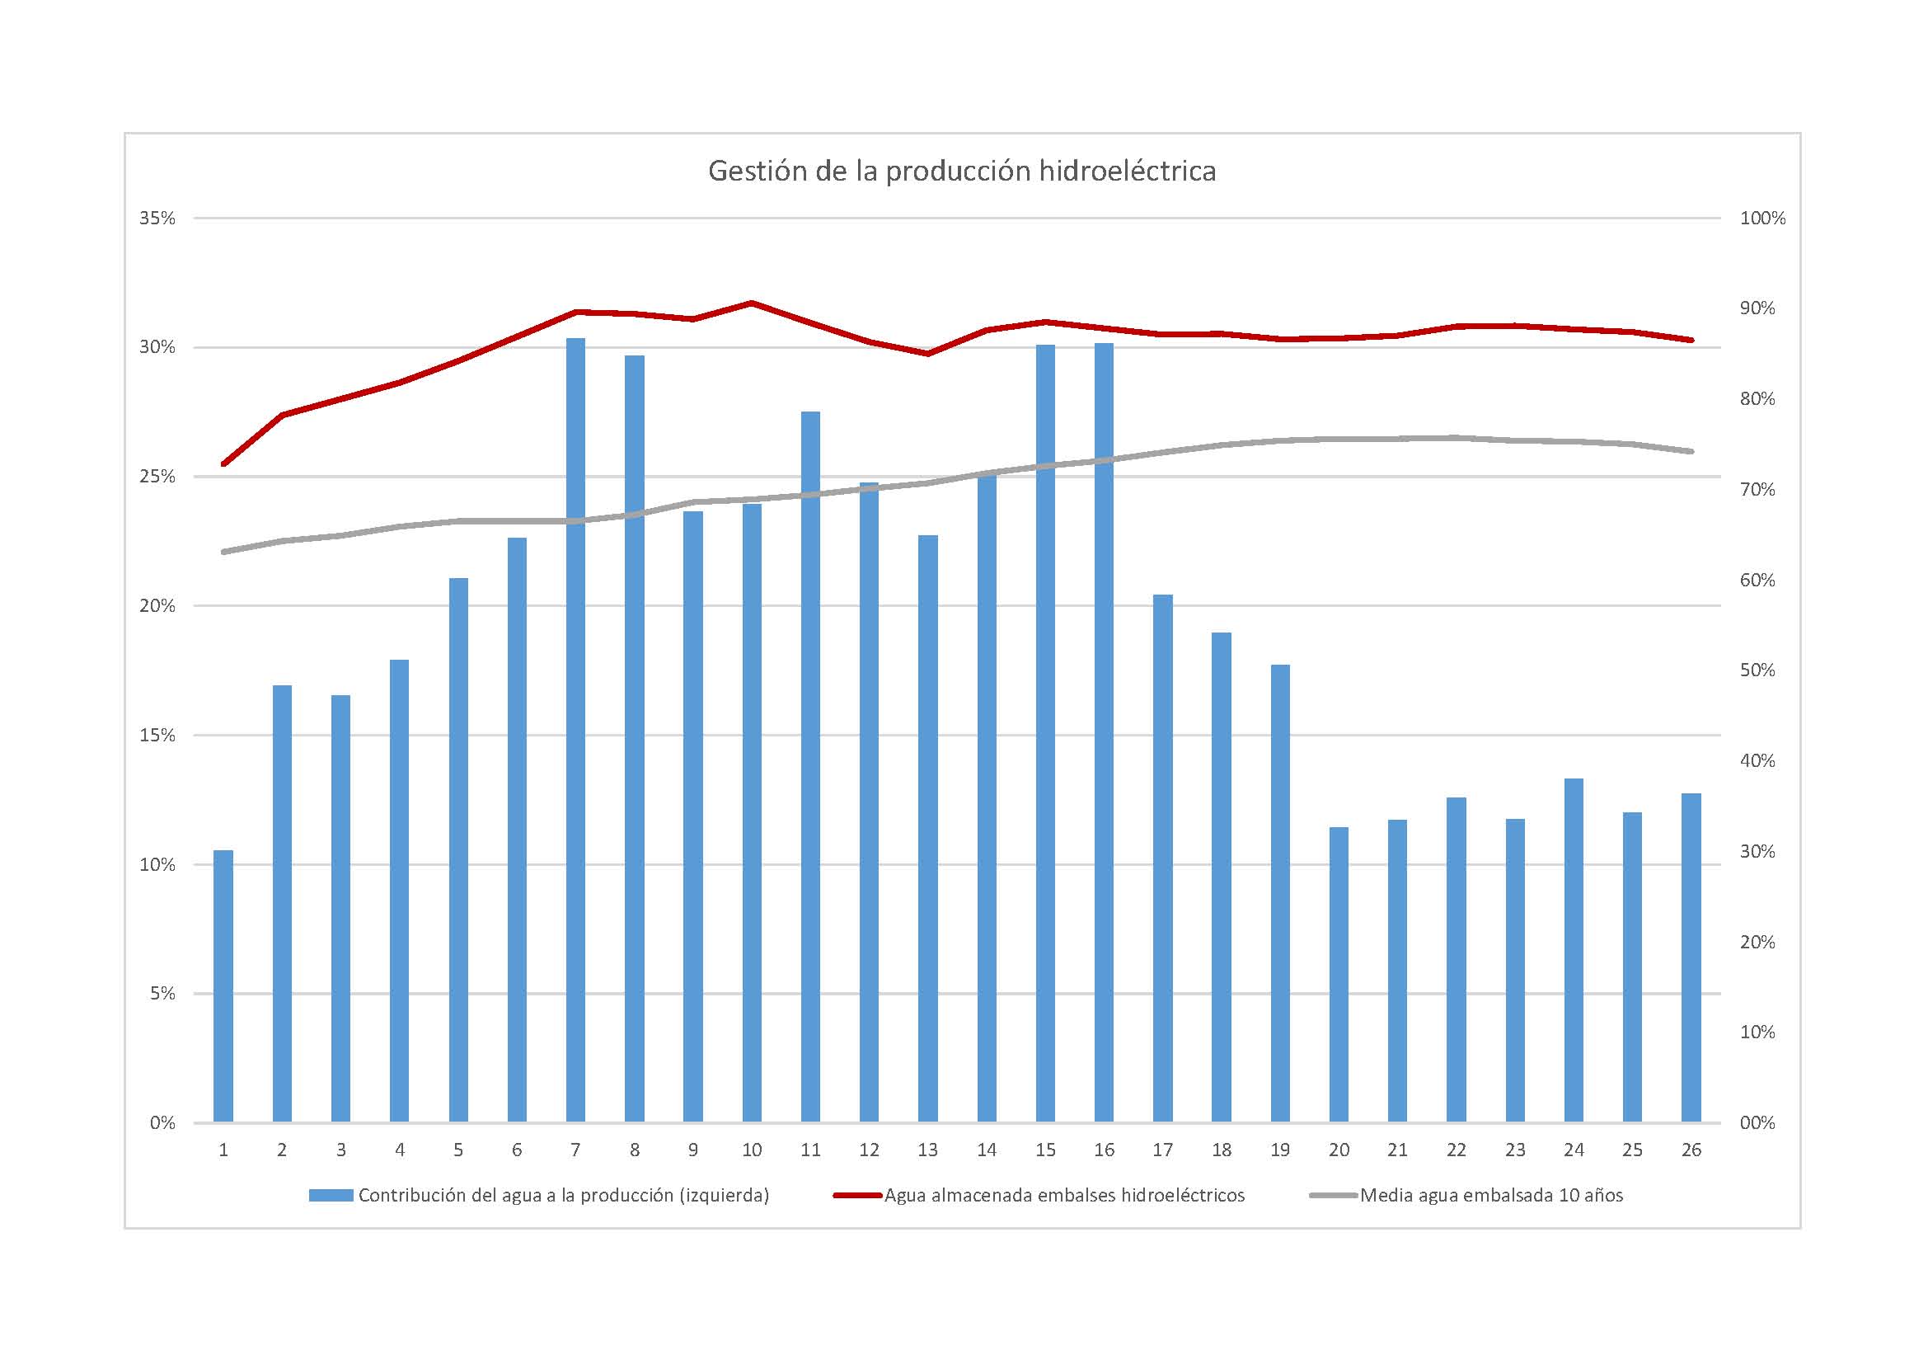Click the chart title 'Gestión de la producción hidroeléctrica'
[961, 172]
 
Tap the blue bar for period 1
[223, 986]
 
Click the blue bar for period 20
[1339, 974]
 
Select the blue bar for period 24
[1574, 950]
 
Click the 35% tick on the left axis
[157, 219]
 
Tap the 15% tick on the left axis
[157, 736]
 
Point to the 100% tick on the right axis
[1762, 219]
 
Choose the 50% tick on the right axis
[1757, 670]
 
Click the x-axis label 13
[927, 1150]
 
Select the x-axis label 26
[1691, 1150]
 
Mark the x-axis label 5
[457, 1150]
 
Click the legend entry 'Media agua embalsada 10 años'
[1490, 1195]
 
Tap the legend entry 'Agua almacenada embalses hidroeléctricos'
[1064, 1195]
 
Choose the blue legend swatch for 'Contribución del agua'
[331, 1195]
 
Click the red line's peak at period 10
[752, 303]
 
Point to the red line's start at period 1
[223, 463]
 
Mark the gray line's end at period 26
[1691, 452]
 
